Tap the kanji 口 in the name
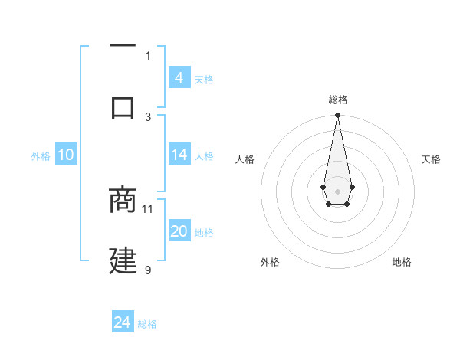point(123,106)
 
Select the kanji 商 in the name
point(123,201)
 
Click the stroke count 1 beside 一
point(148,55)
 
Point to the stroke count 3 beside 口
point(148,116)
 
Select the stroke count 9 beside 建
point(148,270)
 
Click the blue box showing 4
point(179,77)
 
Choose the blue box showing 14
point(179,155)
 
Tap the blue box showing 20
point(179,231)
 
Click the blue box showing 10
point(65,155)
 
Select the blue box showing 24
point(123,322)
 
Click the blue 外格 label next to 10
point(41,156)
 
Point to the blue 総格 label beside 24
point(147,324)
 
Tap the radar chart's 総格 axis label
point(337,100)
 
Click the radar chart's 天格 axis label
point(431,159)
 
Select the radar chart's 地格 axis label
point(402,262)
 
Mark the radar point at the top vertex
point(337,116)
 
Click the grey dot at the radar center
point(337,191)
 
